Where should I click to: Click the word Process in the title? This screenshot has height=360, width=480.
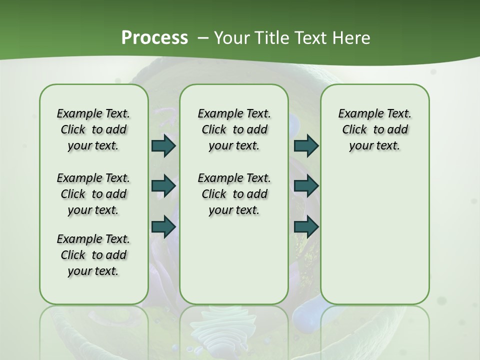[x=154, y=37]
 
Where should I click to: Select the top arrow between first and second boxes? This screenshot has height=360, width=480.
[x=163, y=146]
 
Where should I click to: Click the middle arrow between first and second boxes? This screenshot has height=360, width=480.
[x=163, y=186]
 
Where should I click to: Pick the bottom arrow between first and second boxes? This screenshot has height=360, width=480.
[x=163, y=226]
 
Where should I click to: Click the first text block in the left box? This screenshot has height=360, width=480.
[x=93, y=129]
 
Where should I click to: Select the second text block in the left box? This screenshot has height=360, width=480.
[x=93, y=194]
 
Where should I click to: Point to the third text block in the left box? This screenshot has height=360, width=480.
[x=93, y=255]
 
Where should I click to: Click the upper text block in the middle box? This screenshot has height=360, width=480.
[x=234, y=129]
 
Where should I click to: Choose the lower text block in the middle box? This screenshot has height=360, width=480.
[x=234, y=194]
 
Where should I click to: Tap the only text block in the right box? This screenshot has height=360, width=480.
[x=374, y=129]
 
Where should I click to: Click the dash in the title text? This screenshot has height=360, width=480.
[x=203, y=38]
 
